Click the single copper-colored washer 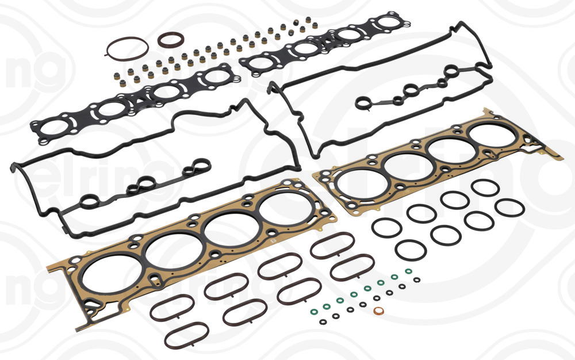(379, 312)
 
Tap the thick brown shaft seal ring (171, 41)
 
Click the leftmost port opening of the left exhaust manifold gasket (52, 128)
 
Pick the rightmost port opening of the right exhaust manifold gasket (389, 24)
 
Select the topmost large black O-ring (484, 187)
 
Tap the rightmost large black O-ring (509, 208)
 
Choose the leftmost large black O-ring (386, 227)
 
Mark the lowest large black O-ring (411, 250)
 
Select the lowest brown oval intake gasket (187, 335)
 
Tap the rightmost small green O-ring (408, 271)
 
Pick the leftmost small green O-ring (314, 312)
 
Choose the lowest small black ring (323, 321)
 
